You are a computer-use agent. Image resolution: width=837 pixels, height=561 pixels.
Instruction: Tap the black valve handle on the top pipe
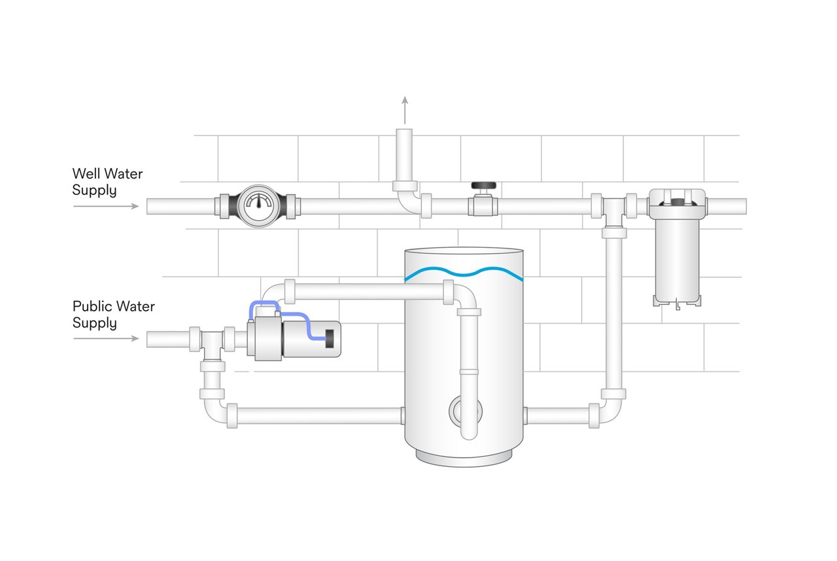[x=483, y=186]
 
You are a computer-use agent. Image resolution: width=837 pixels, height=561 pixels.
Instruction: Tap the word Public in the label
[x=92, y=306]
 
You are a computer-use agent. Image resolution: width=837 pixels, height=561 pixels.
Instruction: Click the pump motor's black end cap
[x=330, y=339]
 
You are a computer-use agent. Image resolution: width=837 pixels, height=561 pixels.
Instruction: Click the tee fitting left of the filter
[x=613, y=208]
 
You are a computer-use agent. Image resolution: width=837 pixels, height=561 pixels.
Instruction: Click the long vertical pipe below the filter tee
[x=613, y=314]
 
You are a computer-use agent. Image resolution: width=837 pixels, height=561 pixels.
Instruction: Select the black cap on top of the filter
[x=677, y=194]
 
